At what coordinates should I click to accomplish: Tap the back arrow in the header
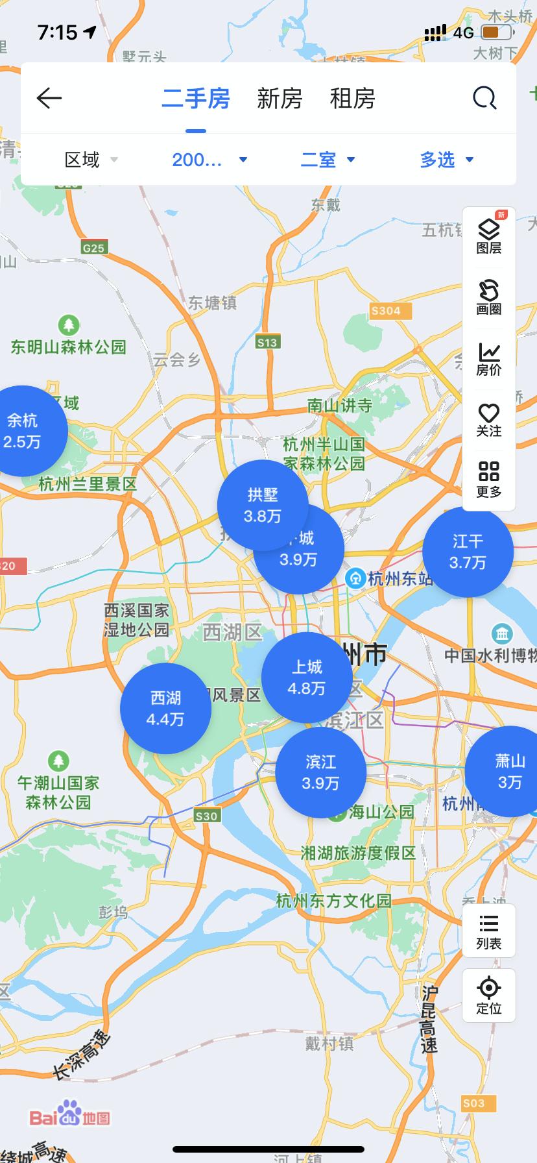49,99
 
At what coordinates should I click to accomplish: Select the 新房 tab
280,99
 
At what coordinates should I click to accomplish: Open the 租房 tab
352,99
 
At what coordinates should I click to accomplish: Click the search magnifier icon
484,99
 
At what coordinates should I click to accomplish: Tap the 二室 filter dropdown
328,160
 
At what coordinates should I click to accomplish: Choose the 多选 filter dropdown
447,160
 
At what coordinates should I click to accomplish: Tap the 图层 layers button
489,236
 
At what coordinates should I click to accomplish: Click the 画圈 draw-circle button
489,297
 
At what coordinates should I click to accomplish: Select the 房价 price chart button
489,359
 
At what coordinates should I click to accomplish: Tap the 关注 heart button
489,420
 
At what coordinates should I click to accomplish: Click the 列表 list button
489,931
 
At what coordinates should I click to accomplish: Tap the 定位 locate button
489,996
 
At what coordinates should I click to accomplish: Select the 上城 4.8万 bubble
307,678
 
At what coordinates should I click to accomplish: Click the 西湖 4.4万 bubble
165,708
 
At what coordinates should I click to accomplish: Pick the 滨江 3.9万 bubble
320,773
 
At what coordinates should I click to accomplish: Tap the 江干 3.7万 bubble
468,552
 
